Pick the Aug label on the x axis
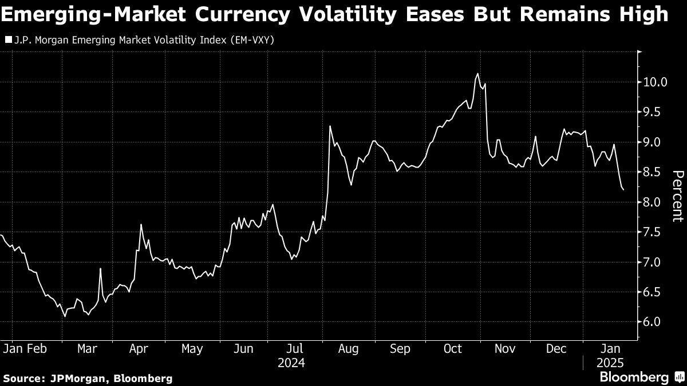(x=348, y=348)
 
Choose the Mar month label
(x=87, y=348)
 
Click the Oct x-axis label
(x=452, y=348)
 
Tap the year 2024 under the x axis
(x=291, y=363)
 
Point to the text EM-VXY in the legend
(x=255, y=41)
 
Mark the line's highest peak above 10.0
(x=477, y=74)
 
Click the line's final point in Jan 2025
(x=623, y=189)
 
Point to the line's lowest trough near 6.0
(x=65, y=316)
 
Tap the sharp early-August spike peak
(x=330, y=126)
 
